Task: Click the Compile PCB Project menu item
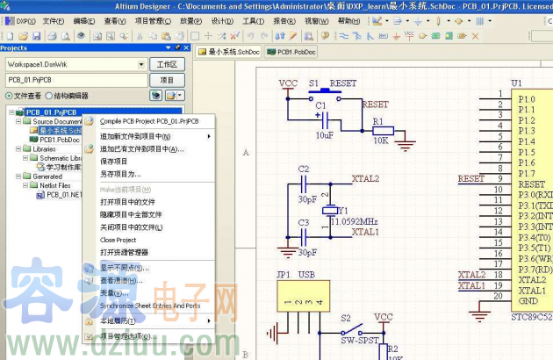tap(149, 121)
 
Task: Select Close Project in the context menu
tap(118, 240)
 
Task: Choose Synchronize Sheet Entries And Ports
tap(150, 306)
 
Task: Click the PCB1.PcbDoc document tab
tap(296, 53)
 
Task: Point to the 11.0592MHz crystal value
tap(356, 220)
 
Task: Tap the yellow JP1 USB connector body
tap(300, 301)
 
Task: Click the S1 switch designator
tap(313, 83)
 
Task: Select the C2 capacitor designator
tap(304, 168)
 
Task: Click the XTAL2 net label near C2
tap(365, 178)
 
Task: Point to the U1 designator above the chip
tap(516, 84)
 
